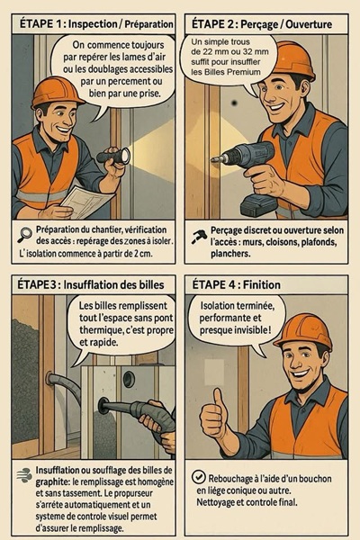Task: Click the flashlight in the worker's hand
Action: click(x=113, y=157)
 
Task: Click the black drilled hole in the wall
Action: click(x=235, y=103)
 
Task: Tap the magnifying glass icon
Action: click(x=25, y=235)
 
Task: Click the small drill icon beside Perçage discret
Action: click(x=199, y=237)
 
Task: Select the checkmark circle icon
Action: click(x=198, y=477)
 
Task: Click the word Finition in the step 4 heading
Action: click(x=262, y=284)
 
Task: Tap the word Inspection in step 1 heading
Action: click(x=93, y=24)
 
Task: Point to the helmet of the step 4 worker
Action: click(x=303, y=332)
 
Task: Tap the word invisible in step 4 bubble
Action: click(x=250, y=330)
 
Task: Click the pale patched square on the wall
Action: click(x=214, y=372)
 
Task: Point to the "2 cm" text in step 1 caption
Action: click(x=143, y=254)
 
